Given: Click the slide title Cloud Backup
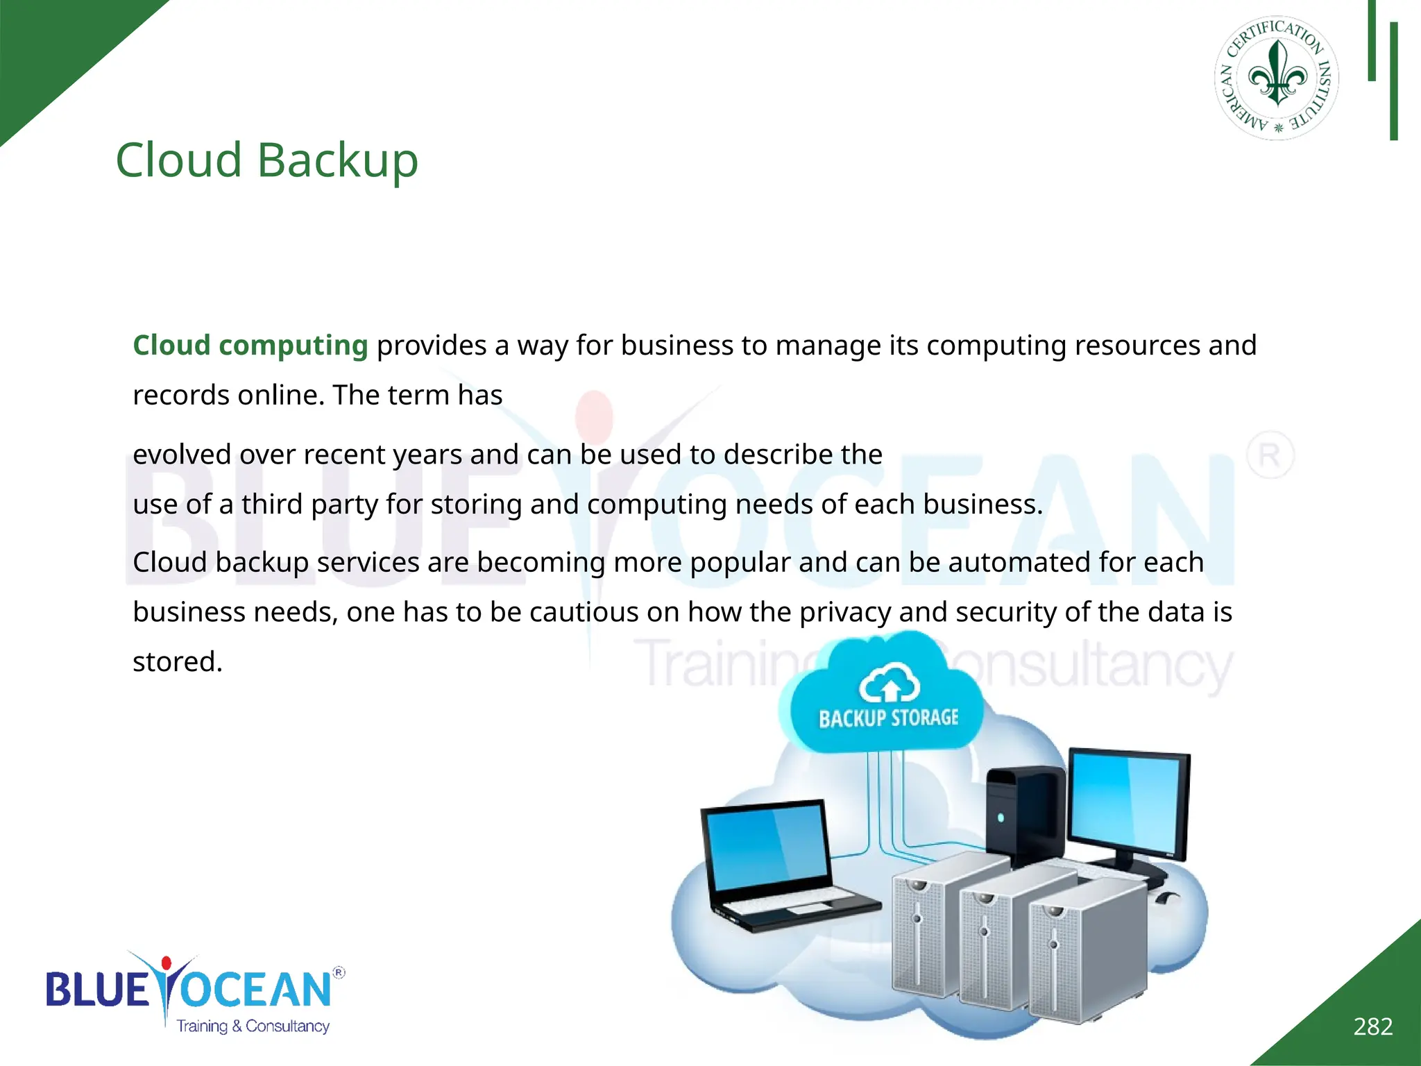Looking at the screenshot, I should [266, 160].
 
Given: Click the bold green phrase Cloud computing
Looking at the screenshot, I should [250, 346].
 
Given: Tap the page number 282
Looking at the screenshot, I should [1372, 1026].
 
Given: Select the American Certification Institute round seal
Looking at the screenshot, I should [1276, 78].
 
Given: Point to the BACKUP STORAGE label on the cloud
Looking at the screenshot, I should [888, 718].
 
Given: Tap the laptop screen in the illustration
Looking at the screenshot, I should [767, 849].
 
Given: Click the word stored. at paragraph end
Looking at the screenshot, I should [178, 662].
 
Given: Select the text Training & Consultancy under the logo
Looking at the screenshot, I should [253, 1026].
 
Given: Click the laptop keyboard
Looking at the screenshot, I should [798, 906].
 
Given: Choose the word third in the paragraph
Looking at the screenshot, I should [271, 505].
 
